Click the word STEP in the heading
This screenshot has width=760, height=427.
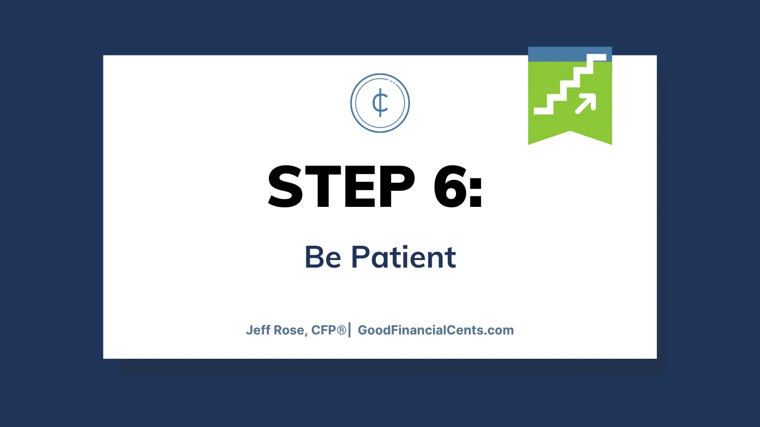(x=342, y=186)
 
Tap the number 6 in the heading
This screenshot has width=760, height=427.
(x=450, y=186)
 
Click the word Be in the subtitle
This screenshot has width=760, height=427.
(x=323, y=257)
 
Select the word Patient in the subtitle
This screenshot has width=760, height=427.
(x=403, y=257)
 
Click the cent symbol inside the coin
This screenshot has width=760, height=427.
(x=380, y=102)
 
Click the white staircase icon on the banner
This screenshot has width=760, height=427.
(x=570, y=84)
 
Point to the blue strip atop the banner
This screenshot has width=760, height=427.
(x=570, y=54)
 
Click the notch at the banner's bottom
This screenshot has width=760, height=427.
(x=570, y=131)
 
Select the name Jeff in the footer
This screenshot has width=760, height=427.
(x=258, y=330)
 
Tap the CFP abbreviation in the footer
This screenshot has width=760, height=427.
(x=323, y=330)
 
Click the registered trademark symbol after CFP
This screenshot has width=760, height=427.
(x=342, y=330)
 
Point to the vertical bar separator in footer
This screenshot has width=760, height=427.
(x=350, y=330)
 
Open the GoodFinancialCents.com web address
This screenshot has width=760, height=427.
(x=436, y=330)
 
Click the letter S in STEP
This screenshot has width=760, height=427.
(x=285, y=186)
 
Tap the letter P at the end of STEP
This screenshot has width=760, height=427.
(x=397, y=186)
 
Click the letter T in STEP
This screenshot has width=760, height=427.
(x=323, y=186)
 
